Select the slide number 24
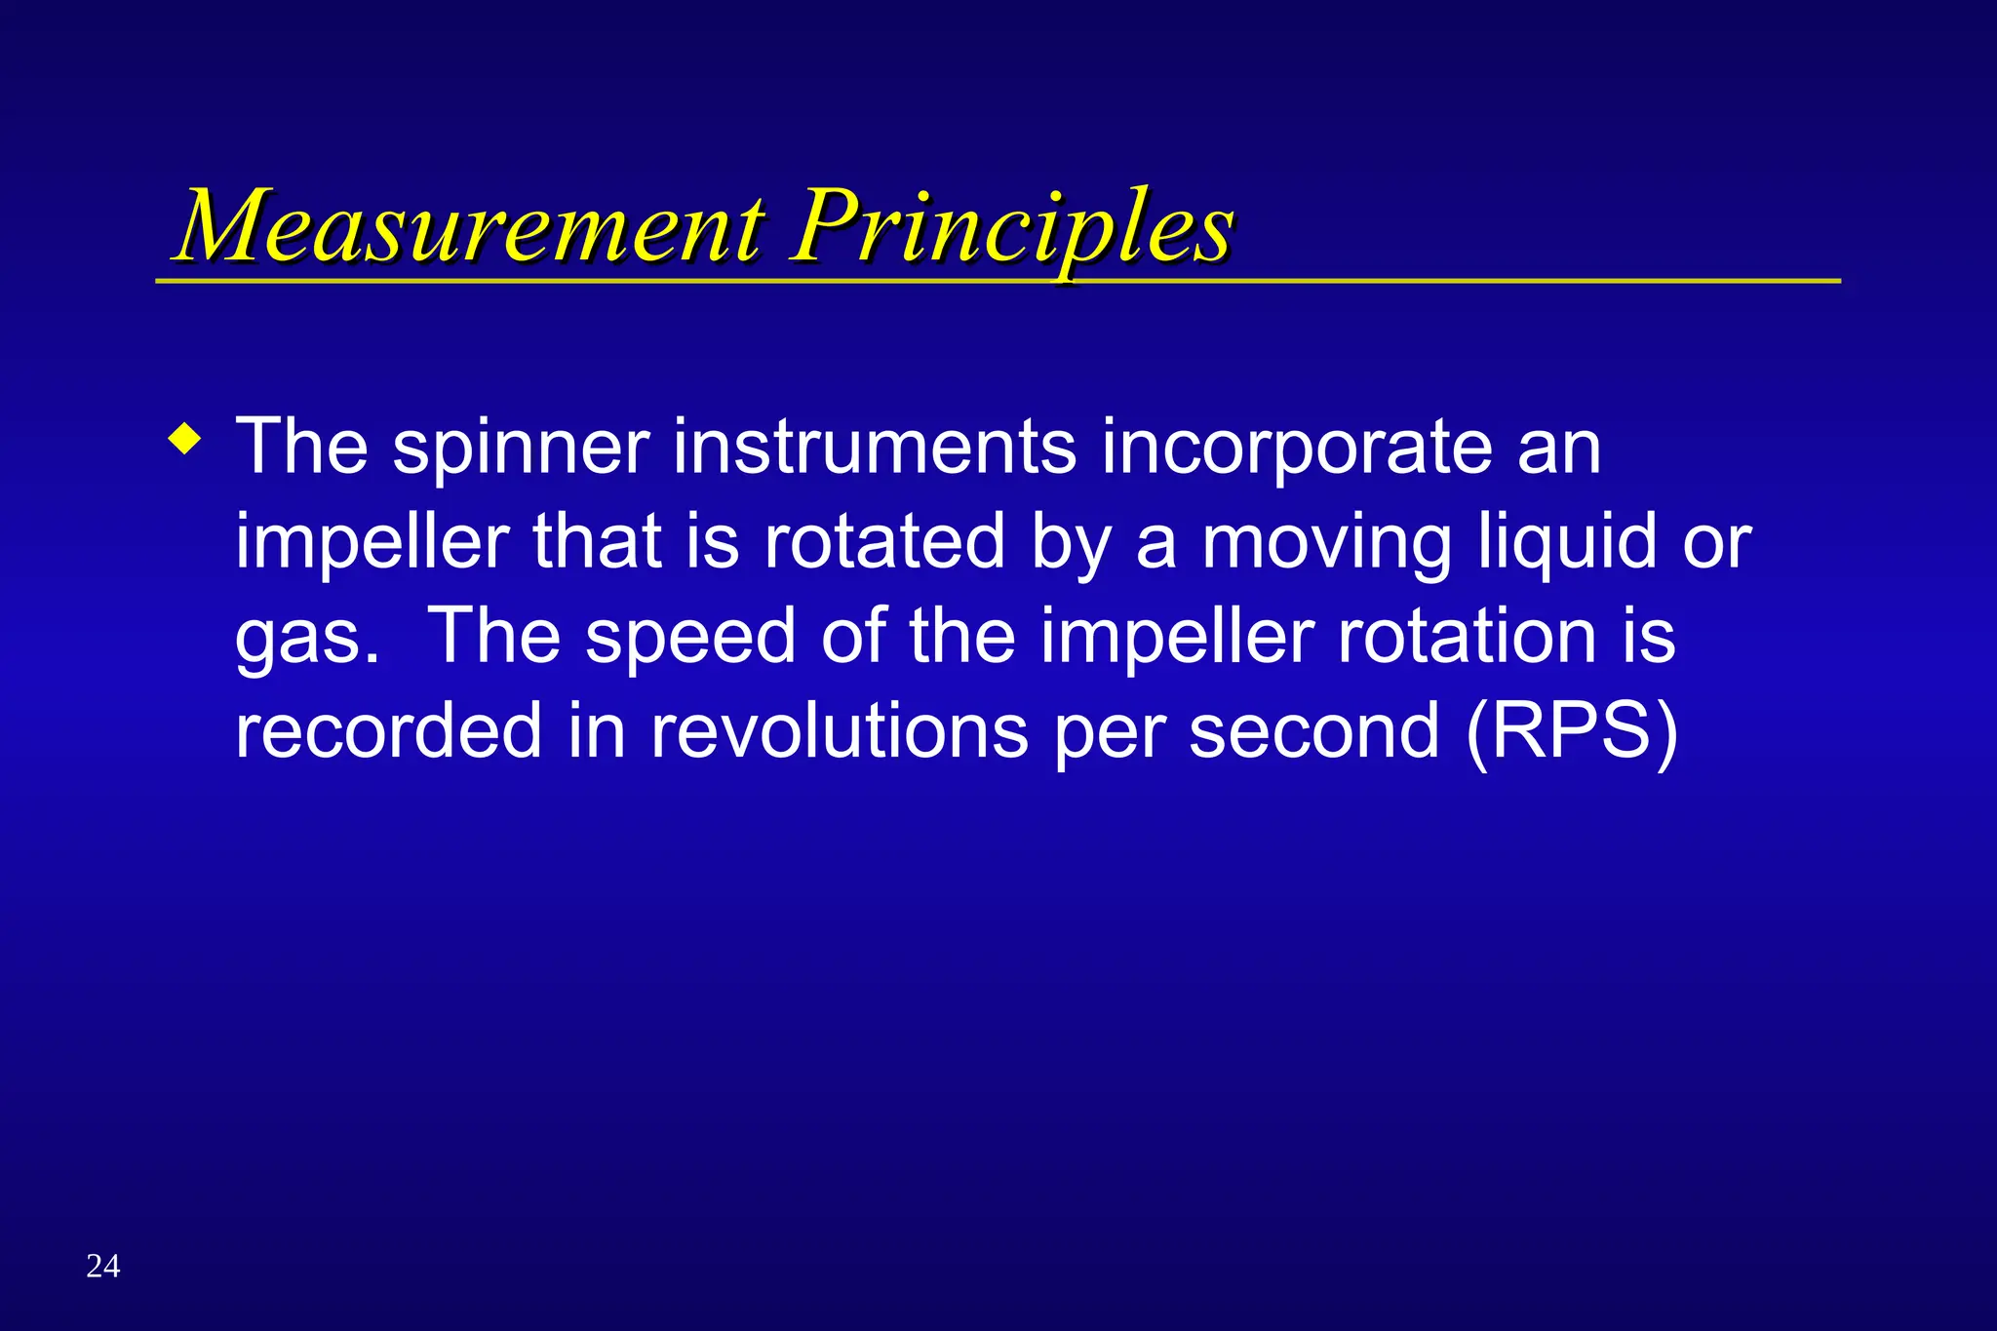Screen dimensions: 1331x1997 103,1266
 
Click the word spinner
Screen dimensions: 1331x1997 521,449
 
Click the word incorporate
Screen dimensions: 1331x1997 1297,449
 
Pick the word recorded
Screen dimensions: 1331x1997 388,731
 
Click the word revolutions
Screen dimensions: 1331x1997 840,731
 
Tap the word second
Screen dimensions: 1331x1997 1313,731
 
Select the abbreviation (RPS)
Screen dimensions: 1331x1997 1572,731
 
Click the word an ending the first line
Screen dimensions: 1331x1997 1559,449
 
